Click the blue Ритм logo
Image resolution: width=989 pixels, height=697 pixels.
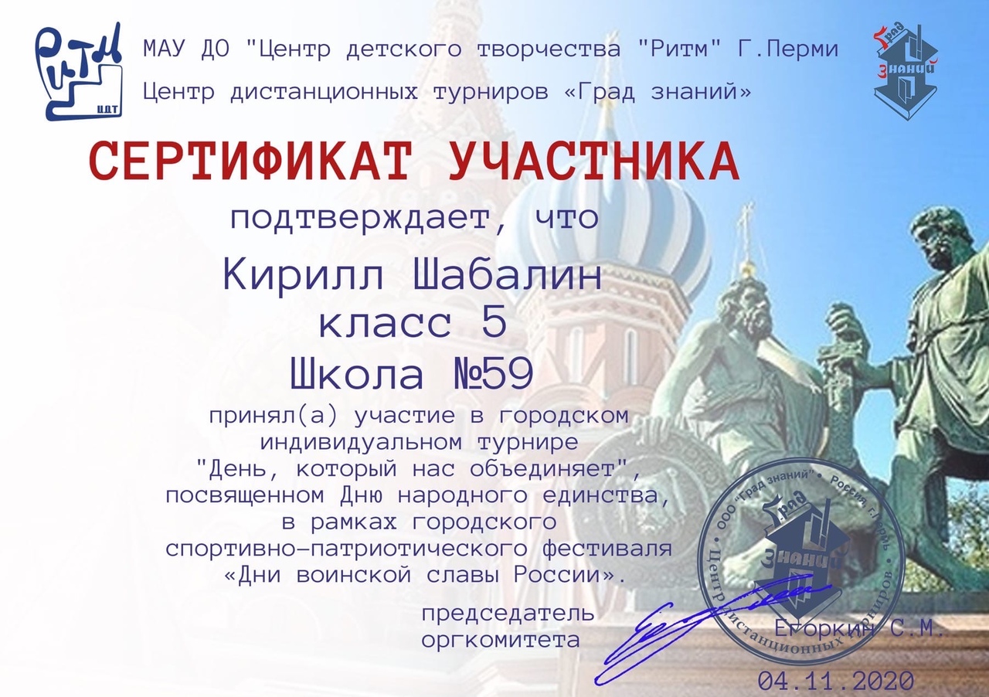point(79,72)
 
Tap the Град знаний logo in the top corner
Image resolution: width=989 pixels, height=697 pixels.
point(906,73)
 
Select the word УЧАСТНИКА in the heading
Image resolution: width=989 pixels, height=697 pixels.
point(594,162)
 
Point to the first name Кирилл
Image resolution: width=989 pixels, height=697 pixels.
point(304,276)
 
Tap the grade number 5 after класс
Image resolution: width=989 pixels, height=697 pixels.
point(494,322)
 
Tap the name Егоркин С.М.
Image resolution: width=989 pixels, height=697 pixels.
point(858,629)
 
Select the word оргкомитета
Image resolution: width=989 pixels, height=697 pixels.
point(500,640)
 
